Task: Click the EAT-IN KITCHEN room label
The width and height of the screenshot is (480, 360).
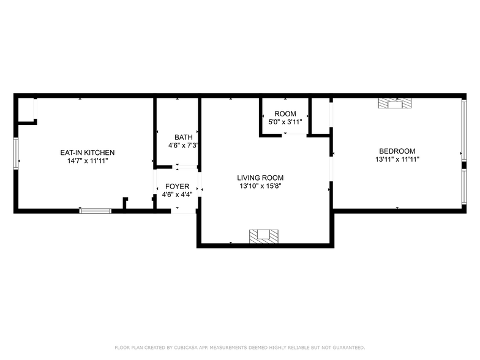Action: [x=87, y=152]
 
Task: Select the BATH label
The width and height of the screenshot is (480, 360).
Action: [x=182, y=137]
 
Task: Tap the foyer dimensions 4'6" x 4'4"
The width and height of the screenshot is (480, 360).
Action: [x=177, y=195]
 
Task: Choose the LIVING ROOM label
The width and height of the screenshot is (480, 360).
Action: [x=260, y=178]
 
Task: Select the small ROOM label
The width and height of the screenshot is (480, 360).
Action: [x=285, y=114]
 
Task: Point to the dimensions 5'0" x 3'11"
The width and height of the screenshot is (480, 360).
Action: [x=285, y=122]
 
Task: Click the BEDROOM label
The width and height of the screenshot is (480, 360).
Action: [x=397, y=151]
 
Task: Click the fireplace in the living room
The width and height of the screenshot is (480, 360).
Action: [x=263, y=235]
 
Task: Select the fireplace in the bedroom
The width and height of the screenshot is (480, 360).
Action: [x=395, y=103]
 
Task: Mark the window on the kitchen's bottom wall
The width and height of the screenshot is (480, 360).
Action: [x=96, y=211]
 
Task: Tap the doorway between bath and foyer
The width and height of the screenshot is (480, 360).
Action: [x=178, y=166]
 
